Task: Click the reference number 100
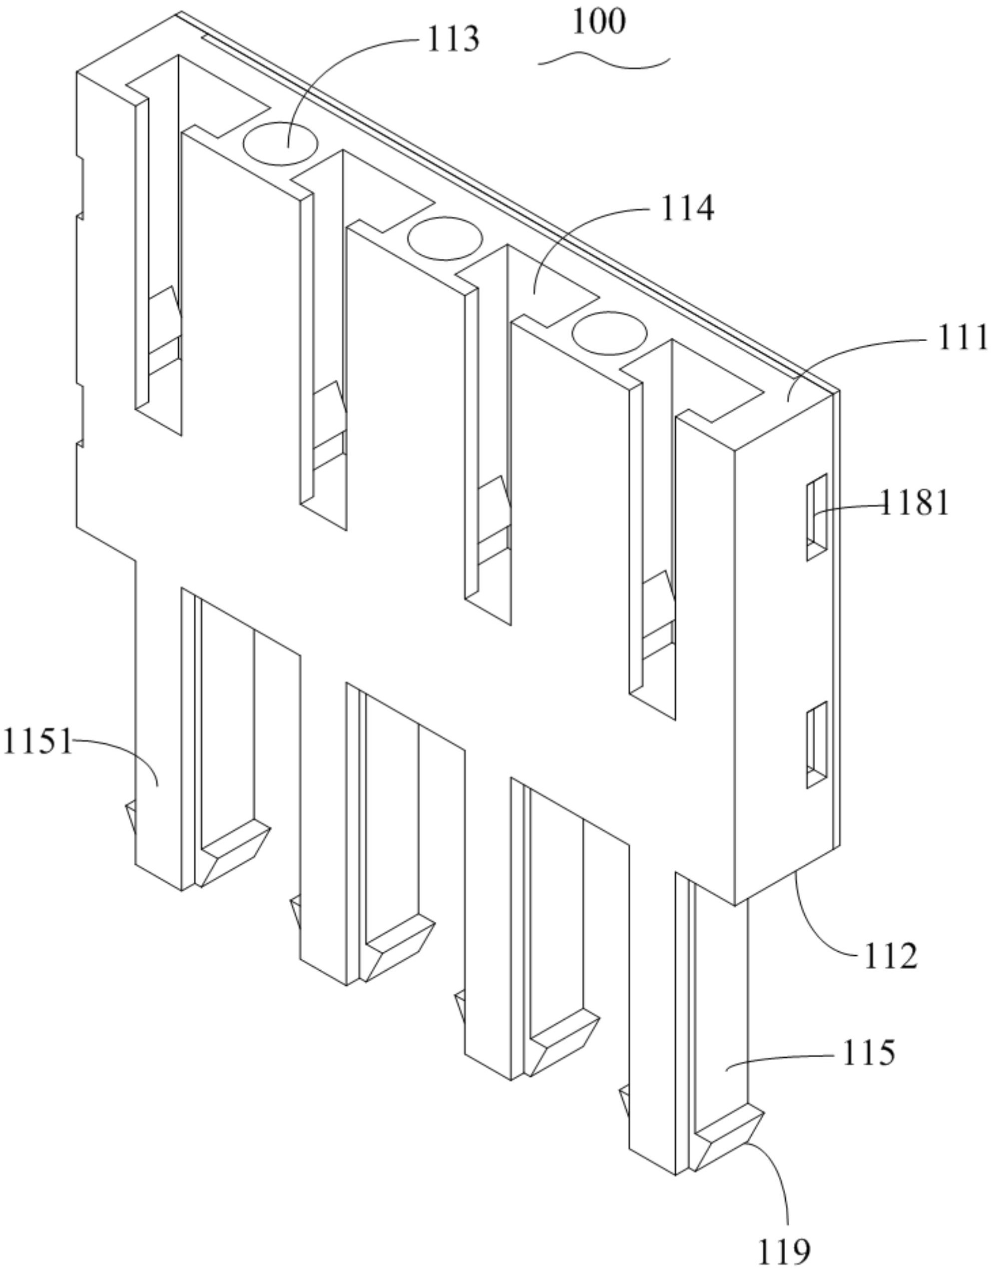point(599,22)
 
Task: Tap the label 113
point(453,39)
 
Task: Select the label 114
point(687,208)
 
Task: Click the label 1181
point(913,502)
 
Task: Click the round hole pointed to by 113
point(280,143)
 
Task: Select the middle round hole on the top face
point(446,238)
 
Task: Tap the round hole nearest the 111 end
point(610,333)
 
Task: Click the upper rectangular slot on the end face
point(817,517)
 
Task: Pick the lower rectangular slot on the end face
point(817,744)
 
